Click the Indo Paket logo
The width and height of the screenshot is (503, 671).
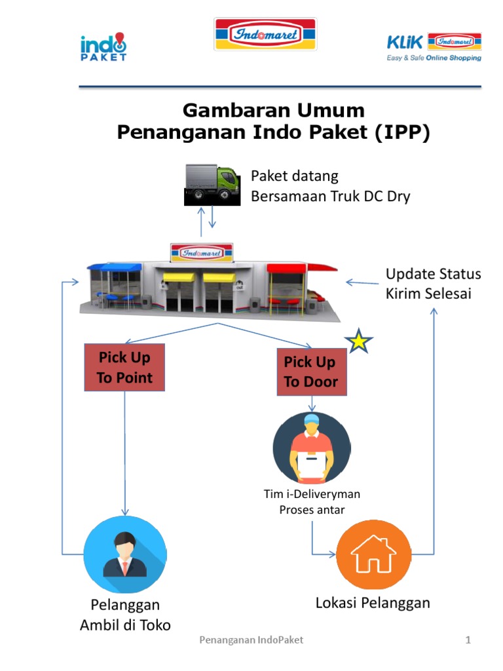(103, 47)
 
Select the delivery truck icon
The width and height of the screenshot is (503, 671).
(211, 184)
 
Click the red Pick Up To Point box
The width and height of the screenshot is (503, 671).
(124, 367)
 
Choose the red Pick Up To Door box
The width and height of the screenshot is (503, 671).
(310, 372)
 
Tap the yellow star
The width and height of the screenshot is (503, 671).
(359, 341)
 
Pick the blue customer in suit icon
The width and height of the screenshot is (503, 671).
(126, 554)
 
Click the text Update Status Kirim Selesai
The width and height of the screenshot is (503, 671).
(433, 283)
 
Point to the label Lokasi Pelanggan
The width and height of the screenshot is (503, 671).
(373, 603)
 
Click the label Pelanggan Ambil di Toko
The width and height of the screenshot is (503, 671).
(125, 615)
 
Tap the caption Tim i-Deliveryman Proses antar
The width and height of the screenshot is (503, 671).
(311, 502)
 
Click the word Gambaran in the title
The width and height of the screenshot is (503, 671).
(229, 109)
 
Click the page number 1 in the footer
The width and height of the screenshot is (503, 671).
(468, 640)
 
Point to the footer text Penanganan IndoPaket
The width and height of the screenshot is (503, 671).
(251, 640)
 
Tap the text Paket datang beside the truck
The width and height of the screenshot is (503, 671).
(295, 176)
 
